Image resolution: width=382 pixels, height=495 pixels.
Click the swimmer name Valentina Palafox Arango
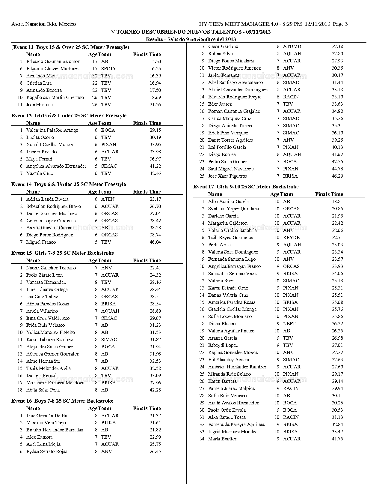pos(52,130)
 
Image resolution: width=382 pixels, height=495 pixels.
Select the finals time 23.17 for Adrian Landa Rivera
pos(155,199)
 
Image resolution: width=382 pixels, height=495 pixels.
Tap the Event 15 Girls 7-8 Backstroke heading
pos(63,253)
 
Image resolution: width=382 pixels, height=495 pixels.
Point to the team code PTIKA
pos(108,423)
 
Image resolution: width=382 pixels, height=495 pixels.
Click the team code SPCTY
pos(109,69)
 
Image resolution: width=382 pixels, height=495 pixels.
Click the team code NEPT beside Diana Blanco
pos(289,324)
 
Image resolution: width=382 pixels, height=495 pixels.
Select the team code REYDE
pos(291,238)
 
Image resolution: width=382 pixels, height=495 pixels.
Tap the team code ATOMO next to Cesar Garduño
pos(292,46)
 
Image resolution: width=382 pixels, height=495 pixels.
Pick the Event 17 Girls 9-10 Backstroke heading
pos(246,187)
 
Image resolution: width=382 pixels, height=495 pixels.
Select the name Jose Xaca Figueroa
pos(228,176)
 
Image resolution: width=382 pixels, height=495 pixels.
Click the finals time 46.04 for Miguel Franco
pos(155,242)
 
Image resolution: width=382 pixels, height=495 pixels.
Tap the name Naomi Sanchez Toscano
pos(51,268)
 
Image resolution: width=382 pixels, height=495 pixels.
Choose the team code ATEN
pos(108,199)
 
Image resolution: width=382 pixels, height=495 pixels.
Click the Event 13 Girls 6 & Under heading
pos(69,115)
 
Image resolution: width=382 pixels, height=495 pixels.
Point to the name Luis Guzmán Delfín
pos(47,416)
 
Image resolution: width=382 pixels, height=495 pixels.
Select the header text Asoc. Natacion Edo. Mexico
pos(43,24)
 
